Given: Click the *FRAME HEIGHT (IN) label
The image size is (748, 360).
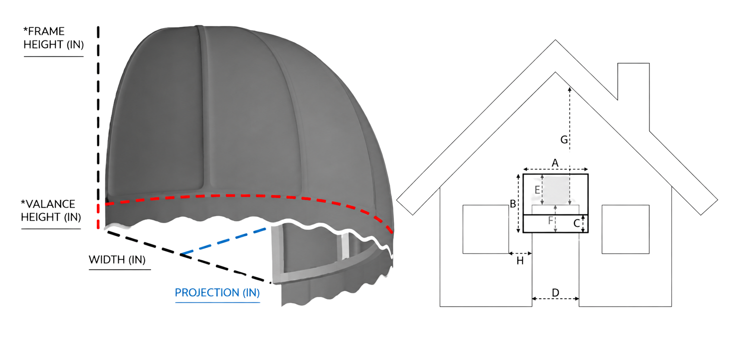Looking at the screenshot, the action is (x=53, y=38).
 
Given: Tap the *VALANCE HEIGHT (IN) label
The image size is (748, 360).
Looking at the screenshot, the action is (x=51, y=210).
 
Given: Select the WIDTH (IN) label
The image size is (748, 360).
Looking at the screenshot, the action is (x=117, y=259).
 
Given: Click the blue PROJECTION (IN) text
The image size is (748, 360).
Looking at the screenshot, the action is (x=217, y=293).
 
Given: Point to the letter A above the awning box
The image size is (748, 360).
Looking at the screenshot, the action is (x=555, y=163).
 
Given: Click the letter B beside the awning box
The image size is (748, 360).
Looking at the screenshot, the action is (x=513, y=204).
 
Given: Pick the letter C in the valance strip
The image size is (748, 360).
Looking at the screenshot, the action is (x=576, y=223).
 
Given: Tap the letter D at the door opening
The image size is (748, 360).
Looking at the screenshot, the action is (x=556, y=293).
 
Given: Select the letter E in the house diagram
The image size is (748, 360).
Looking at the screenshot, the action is (x=537, y=190).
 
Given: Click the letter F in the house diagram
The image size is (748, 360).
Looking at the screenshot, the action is (x=551, y=220).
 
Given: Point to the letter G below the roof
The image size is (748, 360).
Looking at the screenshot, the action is (x=563, y=140).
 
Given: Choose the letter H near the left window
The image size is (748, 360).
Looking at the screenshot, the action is (x=520, y=261).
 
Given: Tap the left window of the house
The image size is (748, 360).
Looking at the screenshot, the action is (x=486, y=229).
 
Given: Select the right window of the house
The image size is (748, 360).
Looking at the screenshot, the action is (x=625, y=229).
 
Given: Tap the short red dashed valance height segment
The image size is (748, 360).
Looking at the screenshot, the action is (x=98, y=216).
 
